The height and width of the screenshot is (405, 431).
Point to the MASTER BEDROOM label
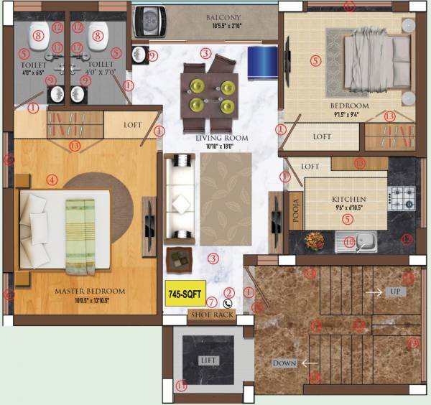[x=90, y=292]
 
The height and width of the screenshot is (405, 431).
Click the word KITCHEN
[x=349, y=199]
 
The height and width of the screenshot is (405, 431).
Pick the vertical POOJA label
[x=294, y=211]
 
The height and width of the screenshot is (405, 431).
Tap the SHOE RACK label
[x=211, y=315]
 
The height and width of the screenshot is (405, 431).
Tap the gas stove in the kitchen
[x=400, y=197]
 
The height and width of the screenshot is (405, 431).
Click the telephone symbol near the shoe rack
[x=228, y=303]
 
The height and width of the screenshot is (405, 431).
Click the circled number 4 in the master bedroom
[x=51, y=180]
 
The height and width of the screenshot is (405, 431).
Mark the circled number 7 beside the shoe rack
[x=211, y=302]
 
